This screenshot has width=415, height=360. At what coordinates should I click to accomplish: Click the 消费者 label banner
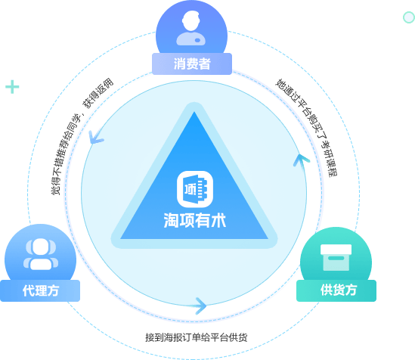click(x=192, y=64)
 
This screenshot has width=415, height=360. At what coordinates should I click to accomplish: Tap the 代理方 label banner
click(x=40, y=290)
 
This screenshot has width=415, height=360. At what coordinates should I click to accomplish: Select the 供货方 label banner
click(x=336, y=290)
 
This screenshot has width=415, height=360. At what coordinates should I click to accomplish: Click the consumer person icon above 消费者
click(x=190, y=28)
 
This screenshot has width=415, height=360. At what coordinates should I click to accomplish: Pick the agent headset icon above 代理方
click(x=41, y=254)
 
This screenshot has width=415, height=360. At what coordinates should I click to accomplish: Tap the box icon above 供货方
click(x=336, y=257)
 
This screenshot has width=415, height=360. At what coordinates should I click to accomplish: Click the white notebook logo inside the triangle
click(x=195, y=189)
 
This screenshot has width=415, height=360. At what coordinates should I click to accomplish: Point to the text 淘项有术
click(x=195, y=220)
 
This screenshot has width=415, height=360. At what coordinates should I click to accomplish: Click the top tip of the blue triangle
click(x=194, y=112)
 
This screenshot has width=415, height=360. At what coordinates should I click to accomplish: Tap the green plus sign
click(x=12, y=87)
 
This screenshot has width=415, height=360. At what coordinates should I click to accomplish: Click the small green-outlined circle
click(x=409, y=17)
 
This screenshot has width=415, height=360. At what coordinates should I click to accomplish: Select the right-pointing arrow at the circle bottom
click(x=200, y=306)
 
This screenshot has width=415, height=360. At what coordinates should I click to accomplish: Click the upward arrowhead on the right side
click(x=301, y=160)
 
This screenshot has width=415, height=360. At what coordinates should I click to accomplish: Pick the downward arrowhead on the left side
click(x=95, y=138)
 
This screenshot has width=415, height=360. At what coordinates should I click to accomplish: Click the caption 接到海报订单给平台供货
click(x=196, y=337)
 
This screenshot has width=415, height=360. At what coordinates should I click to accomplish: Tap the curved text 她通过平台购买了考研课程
click(x=307, y=126)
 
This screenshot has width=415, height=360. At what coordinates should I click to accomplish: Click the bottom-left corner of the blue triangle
click(x=121, y=239)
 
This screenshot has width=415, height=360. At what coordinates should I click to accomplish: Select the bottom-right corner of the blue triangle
click(x=268, y=239)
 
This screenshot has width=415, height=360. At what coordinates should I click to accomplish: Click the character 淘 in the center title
click(x=172, y=220)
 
